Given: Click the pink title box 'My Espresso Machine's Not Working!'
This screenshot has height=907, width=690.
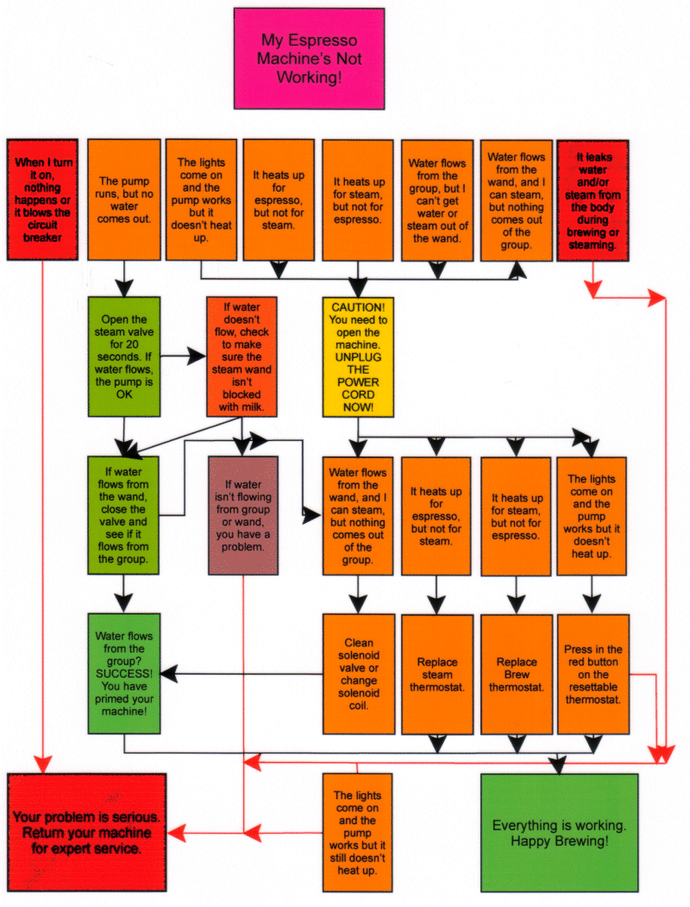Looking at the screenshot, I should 309,59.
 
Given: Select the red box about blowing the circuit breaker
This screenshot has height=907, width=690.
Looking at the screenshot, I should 42,199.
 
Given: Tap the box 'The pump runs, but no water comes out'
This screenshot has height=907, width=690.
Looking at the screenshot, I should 124,199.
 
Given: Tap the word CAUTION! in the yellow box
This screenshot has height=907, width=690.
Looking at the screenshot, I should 358,306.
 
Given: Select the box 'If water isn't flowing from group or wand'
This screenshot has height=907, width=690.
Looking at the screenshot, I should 243,515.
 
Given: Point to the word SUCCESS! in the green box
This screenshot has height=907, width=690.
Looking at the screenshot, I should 123,673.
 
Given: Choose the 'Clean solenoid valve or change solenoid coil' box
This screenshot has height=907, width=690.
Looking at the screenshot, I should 358,674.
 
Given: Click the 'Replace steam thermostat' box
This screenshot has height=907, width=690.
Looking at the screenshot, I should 437,674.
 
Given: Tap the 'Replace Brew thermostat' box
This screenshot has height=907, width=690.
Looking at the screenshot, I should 516,674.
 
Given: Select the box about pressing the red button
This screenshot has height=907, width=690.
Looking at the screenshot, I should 592,674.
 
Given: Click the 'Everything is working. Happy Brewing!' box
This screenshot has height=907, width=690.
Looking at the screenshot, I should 558,832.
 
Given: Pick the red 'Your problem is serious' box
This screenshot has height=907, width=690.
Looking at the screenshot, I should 86,832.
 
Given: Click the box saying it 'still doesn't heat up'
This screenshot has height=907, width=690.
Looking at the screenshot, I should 357,832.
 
